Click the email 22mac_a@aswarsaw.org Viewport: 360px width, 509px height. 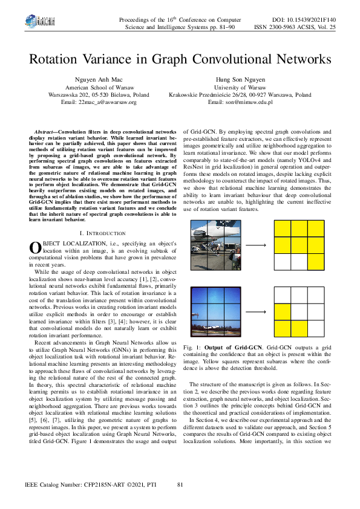tap(99, 102)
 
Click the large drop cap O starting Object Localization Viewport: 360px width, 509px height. tap(35, 230)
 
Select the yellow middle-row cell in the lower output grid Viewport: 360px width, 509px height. tap(283, 311)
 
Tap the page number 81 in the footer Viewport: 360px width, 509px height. tap(180, 485)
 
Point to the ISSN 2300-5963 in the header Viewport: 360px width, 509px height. tap(287, 27)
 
